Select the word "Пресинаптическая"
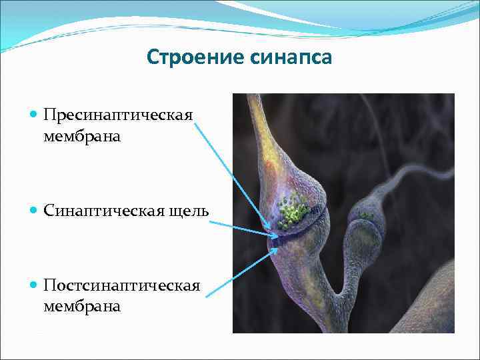[118, 115]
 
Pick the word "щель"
[190, 211]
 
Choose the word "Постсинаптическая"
[122, 286]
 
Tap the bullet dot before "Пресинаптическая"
[34, 115]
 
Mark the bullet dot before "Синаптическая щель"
[34, 211]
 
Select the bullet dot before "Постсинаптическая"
[34, 286]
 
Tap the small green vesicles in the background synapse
[365, 215]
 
